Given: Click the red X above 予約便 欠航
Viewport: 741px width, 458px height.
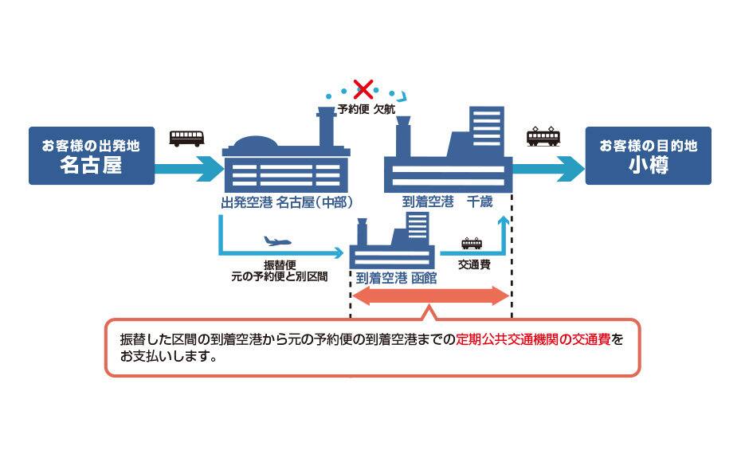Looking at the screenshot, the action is [x=363, y=89].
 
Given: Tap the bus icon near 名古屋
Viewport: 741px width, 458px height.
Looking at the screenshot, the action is [x=186, y=139].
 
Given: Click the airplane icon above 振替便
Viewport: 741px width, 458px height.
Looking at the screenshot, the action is [x=277, y=241].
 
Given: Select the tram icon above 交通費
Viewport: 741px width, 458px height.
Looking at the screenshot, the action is [x=472, y=243].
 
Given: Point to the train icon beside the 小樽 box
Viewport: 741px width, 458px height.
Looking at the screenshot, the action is [x=543, y=136].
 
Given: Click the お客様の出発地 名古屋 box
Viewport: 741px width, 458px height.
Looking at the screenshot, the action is [x=92, y=155].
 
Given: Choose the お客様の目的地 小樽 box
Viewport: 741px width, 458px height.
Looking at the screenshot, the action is [x=649, y=155].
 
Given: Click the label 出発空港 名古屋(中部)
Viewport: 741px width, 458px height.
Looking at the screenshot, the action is [x=287, y=203].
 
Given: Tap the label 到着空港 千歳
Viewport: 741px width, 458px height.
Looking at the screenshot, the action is [x=447, y=202].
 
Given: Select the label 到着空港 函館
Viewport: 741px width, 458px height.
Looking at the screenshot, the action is [x=397, y=278].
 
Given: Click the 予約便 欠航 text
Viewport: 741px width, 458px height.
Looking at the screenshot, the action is [x=367, y=109].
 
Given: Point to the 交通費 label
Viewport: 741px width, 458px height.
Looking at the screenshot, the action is [x=474, y=264].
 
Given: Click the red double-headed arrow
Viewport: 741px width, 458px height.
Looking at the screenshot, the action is [x=430, y=296].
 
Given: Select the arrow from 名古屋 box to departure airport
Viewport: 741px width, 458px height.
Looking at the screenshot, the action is [x=189, y=169].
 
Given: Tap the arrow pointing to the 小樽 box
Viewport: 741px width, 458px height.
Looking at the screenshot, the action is [x=548, y=169].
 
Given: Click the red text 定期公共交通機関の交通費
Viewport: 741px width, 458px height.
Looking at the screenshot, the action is [x=533, y=339].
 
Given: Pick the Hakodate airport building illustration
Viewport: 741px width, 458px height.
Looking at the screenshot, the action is [x=392, y=241].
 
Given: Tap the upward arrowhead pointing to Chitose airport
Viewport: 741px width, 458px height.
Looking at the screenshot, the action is [x=504, y=221].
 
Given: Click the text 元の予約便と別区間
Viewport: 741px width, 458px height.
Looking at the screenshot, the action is [x=280, y=276].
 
